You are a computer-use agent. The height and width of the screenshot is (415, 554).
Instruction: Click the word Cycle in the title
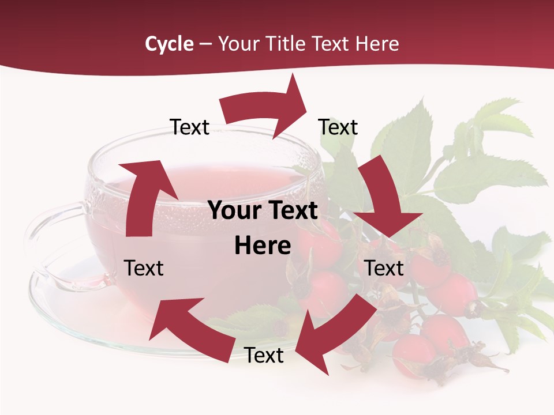(169, 44)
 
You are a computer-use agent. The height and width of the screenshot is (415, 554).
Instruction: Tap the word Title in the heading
(286, 44)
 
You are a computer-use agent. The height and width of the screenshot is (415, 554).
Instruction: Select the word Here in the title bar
(377, 44)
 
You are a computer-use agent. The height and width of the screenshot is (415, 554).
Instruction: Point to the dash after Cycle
(205, 44)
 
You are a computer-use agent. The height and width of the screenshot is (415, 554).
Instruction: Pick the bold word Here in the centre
(263, 246)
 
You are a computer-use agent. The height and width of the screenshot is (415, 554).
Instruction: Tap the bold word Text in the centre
(291, 210)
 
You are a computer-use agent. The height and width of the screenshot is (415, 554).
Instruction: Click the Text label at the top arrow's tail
(190, 127)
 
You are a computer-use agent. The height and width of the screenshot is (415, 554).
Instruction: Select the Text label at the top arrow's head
(338, 127)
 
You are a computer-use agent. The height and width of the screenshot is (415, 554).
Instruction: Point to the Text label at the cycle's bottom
(264, 355)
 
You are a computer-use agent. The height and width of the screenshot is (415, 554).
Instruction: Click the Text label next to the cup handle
(144, 268)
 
